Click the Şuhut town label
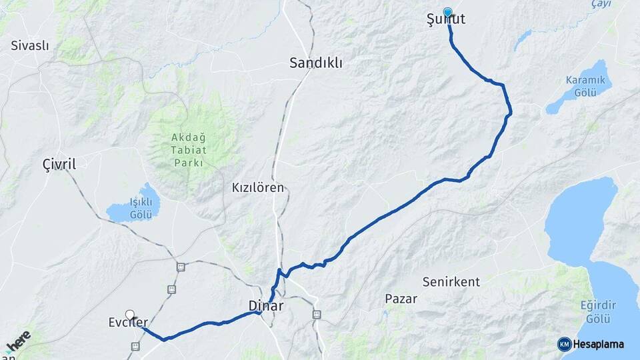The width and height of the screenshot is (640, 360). click(x=446, y=20)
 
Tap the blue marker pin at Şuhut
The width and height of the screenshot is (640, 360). click(x=447, y=12)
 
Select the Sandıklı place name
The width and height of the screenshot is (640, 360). click(x=316, y=63)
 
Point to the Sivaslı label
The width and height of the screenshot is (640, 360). click(x=30, y=46)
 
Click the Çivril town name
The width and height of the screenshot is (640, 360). click(x=59, y=164)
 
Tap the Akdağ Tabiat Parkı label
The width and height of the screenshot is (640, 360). click(x=189, y=150)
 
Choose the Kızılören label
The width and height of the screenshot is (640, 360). click(x=258, y=188)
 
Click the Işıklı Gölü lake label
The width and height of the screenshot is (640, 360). click(x=141, y=207)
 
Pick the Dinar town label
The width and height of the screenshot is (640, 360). click(x=265, y=307)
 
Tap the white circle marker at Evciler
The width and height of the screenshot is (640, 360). click(x=129, y=314)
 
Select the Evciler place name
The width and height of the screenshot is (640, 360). click(x=127, y=323)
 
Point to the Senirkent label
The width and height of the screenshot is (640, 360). click(x=451, y=282)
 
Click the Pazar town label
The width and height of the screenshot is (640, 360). click(x=401, y=299)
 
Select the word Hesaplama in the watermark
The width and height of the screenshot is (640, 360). click(x=598, y=344)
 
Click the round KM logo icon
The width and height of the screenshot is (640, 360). click(x=564, y=344)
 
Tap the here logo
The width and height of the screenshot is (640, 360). click(x=18, y=340)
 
